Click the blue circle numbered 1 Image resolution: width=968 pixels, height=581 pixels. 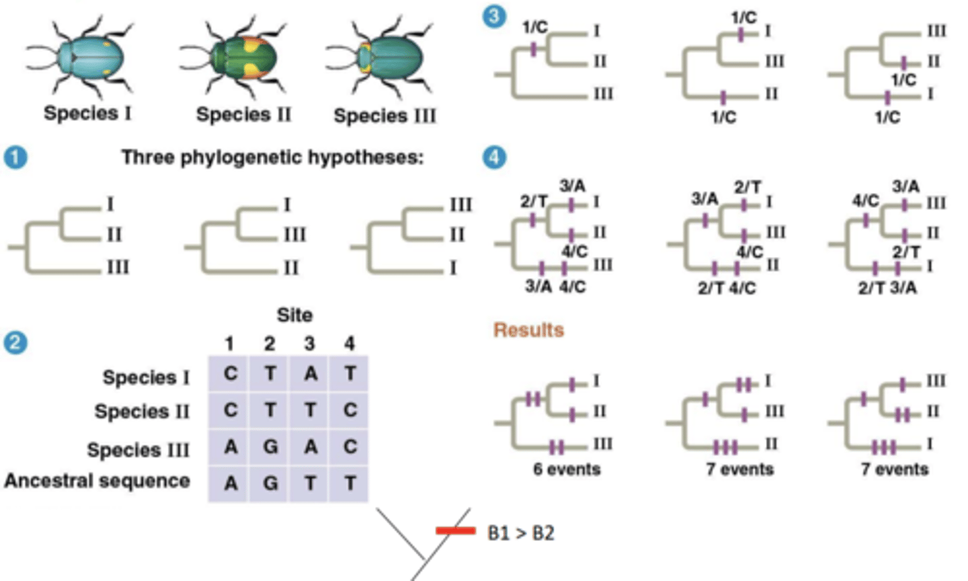click(15, 158)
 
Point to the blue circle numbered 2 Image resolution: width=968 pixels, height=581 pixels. click(15, 343)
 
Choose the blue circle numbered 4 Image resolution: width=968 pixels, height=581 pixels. click(494, 158)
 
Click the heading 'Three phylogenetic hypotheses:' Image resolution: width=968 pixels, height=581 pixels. click(272, 157)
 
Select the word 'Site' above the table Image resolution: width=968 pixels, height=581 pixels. click(294, 315)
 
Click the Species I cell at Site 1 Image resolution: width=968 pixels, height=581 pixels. click(230, 374)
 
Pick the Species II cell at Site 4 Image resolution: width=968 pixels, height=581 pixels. click(350, 410)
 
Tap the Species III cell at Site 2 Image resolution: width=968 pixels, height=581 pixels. click(270, 447)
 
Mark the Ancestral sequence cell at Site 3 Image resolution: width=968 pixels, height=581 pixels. click(310, 483)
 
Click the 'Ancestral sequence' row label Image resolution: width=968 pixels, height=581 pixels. click(97, 481)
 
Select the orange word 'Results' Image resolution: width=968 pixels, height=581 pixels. click(528, 330)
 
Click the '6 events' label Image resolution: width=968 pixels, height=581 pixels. click(567, 469)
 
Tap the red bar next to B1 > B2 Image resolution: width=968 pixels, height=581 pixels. click(455, 531)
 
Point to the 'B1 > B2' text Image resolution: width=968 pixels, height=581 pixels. click(521, 533)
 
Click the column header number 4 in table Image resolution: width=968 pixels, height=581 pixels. click(350, 344)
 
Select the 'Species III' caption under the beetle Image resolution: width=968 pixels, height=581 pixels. click(385, 116)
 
